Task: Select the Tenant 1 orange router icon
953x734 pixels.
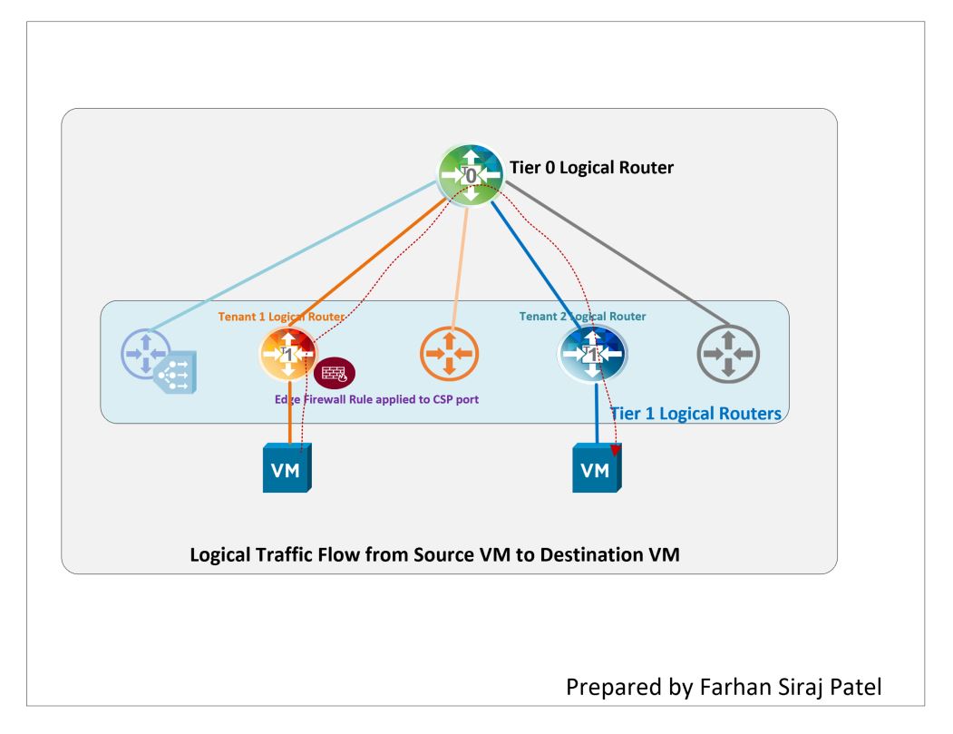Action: pyautogui.click(x=287, y=353)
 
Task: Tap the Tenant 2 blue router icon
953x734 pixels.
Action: pyautogui.click(x=591, y=353)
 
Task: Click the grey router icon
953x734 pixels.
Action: pyautogui.click(x=729, y=354)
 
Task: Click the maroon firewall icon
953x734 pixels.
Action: pyautogui.click(x=334, y=373)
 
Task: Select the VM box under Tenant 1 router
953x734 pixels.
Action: pyautogui.click(x=287, y=468)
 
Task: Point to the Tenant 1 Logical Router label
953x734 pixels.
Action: pyautogui.click(x=277, y=317)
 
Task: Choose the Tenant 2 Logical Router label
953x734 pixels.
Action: pyautogui.click(x=583, y=317)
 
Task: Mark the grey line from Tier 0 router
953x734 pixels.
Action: pyautogui.click(x=617, y=251)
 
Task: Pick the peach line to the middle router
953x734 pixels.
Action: pyautogui.click(x=459, y=263)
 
